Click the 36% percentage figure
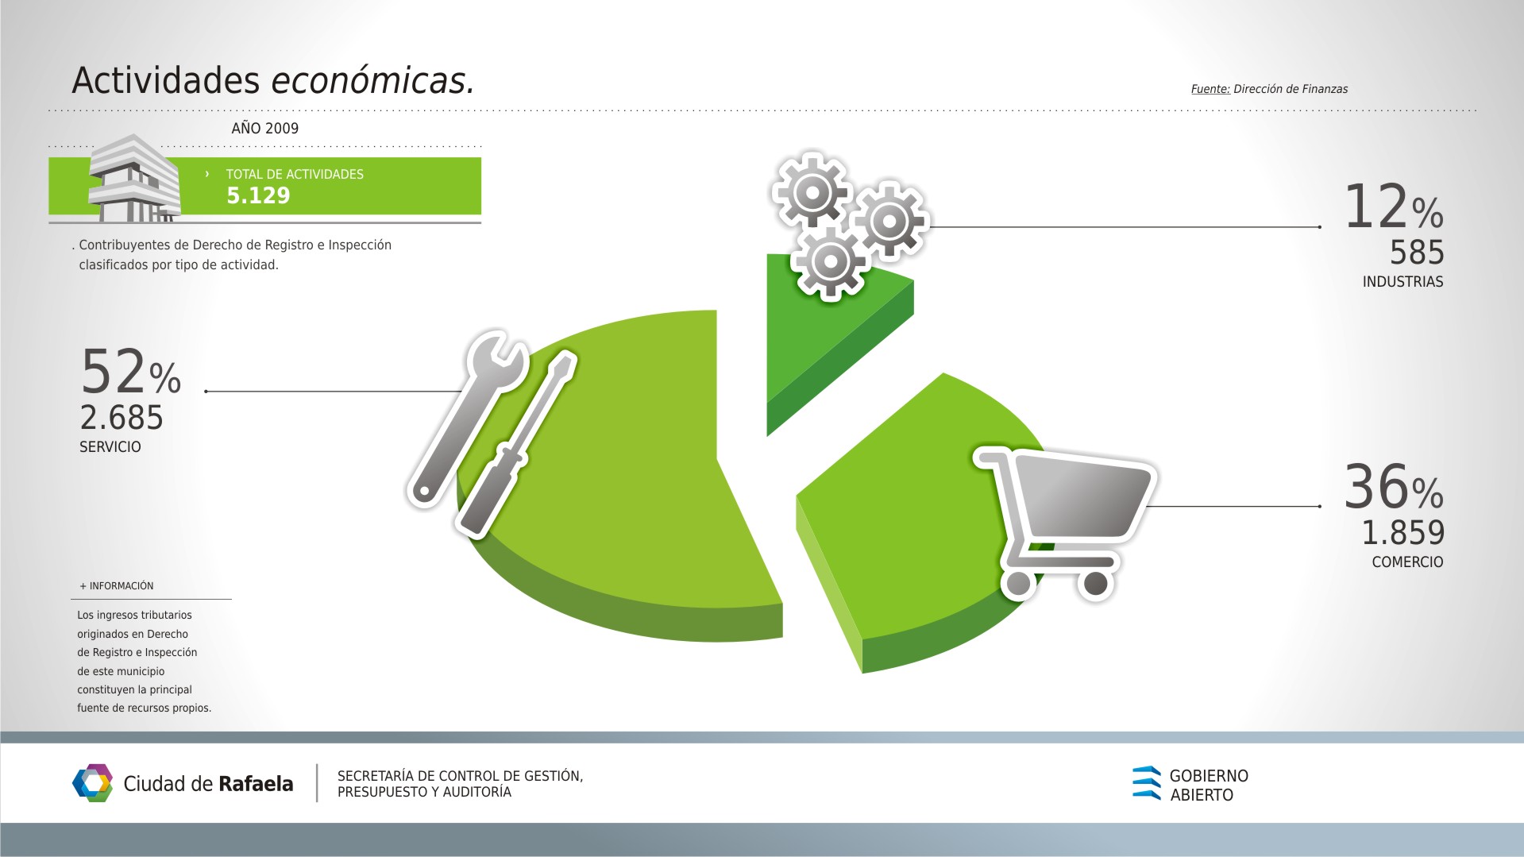click(x=1394, y=487)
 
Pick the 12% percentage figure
click(x=1394, y=207)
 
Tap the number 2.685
click(x=122, y=418)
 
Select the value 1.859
click(x=1403, y=533)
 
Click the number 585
click(x=1417, y=253)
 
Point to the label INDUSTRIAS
click(x=1403, y=282)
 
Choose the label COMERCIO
click(x=1408, y=562)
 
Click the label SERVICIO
click(x=110, y=447)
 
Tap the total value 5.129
click(x=258, y=195)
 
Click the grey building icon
click(x=133, y=179)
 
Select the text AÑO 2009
click(x=265, y=128)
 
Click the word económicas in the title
click(x=372, y=80)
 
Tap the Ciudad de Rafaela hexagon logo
click(x=92, y=783)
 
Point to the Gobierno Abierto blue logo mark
click(x=1146, y=783)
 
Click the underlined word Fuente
click(x=1210, y=89)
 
